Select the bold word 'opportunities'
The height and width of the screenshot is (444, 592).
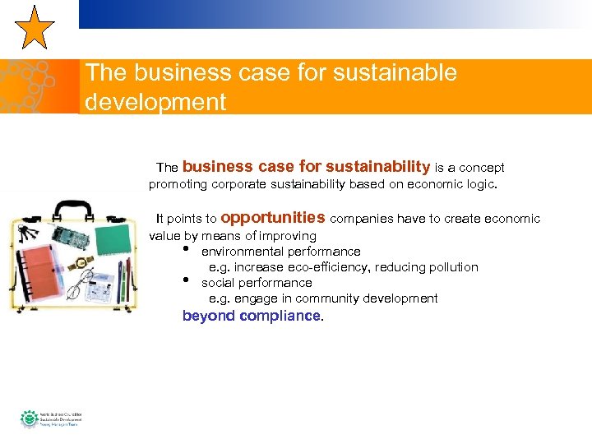(273, 218)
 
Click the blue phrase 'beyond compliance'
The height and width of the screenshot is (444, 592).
(251, 316)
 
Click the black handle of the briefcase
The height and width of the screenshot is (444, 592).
(72, 209)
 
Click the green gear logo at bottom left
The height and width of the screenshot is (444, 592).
(29, 419)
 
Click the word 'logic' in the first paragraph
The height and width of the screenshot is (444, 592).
(479, 184)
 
